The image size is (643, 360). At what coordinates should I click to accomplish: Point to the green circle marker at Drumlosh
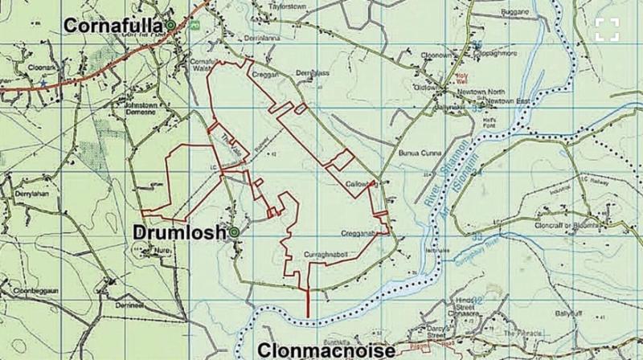234,233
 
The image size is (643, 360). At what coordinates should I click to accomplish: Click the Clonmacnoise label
326,350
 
